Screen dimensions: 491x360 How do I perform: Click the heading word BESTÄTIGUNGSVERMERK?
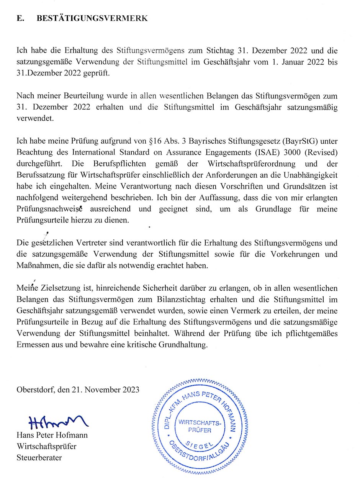[x=92, y=19]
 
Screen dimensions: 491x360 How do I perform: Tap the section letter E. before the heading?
[x=21, y=19]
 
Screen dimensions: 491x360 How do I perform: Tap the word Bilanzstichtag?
[x=200, y=299]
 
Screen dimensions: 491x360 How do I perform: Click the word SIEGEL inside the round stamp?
[x=200, y=444]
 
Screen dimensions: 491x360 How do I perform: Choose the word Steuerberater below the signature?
[x=39, y=457]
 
